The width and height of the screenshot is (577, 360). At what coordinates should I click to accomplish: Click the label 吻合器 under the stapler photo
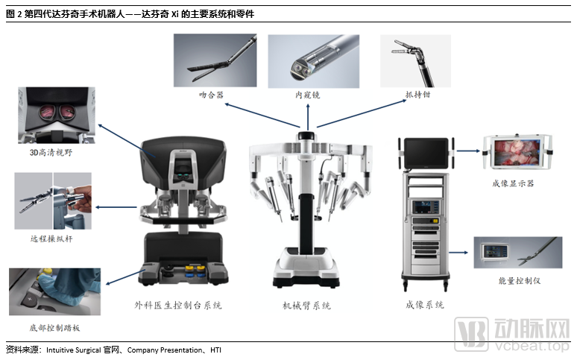coord(211,95)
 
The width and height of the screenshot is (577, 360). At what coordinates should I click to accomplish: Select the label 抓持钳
coord(417,95)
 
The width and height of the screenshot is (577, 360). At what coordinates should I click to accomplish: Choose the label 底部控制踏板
coord(54,327)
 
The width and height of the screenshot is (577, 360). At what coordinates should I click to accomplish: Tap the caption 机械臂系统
coord(306,306)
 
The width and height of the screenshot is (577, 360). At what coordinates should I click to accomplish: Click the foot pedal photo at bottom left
coord(54,291)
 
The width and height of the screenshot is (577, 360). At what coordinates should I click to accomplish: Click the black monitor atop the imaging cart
coord(425,153)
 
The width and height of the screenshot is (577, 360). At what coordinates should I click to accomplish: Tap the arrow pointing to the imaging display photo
coord(467,151)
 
